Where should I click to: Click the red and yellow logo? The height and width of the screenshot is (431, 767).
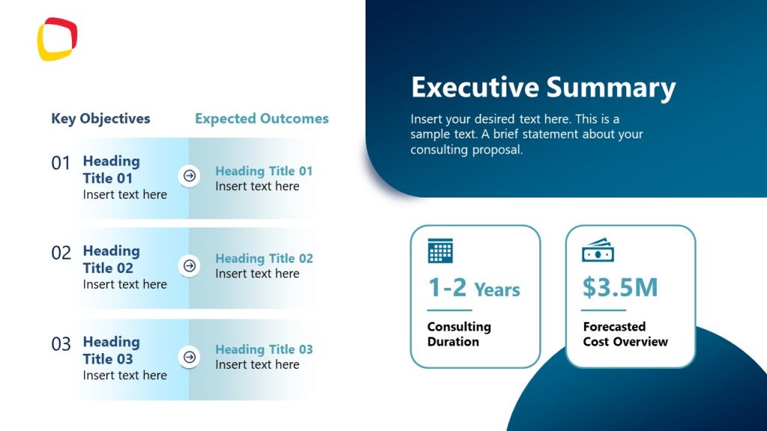(x=57, y=39)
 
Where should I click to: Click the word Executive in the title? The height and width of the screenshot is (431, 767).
(x=475, y=87)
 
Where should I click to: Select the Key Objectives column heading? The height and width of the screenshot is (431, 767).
(x=100, y=118)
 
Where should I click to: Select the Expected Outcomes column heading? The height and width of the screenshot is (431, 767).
(x=261, y=118)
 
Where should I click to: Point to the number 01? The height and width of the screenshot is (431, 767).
(x=61, y=163)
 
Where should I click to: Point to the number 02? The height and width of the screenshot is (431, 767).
(x=61, y=253)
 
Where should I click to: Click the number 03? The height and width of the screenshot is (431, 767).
(x=61, y=344)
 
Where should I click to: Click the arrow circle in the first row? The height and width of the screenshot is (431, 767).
(x=190, y=176)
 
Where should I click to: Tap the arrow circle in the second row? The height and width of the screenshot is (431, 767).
(x=190, y=266)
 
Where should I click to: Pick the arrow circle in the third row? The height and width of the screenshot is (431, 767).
(x=190, y=357)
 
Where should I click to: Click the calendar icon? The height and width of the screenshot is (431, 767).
(x=440, y=251)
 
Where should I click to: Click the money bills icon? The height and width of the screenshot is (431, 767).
(x=598, y=251)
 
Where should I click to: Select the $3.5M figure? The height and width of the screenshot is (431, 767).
(x=620, y=288)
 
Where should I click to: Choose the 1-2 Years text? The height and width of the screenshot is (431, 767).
(x=473, y=288)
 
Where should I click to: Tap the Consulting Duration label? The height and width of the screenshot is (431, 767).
(x=458, y=334)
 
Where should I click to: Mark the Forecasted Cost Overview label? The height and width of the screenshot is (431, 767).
(x=625, y=334)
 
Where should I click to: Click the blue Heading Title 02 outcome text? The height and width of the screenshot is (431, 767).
(x=264, y=258)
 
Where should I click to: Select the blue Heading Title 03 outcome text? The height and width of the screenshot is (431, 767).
(x=264, y=349)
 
